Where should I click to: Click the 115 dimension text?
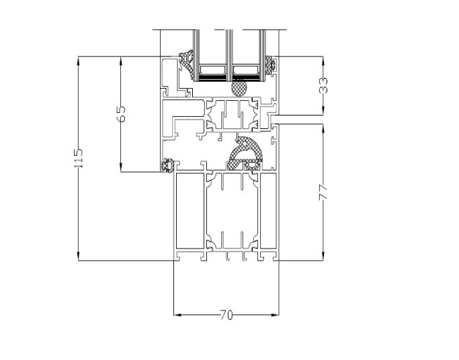[79, 158]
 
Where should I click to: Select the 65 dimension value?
[121, 114]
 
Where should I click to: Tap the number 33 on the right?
[324, 85]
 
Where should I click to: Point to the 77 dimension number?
[324, 191]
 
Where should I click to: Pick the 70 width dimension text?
[226, 314]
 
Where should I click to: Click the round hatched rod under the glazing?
[239, 87]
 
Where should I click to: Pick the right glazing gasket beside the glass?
[272, 65]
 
